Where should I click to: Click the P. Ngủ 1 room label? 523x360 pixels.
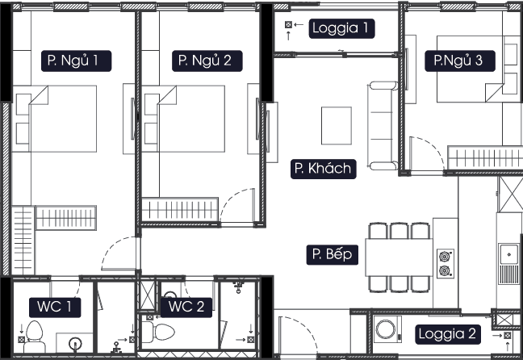(75, 60)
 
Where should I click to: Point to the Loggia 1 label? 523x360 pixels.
(343, 29)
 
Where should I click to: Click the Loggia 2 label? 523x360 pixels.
(448, 333)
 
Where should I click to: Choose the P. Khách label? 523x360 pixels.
(323, 169)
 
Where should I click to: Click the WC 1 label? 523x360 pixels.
(55, 307)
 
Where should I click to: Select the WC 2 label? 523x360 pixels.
(186, 307)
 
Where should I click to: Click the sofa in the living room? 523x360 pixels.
(383, 125)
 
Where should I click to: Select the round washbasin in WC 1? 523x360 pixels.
(76, 343)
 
